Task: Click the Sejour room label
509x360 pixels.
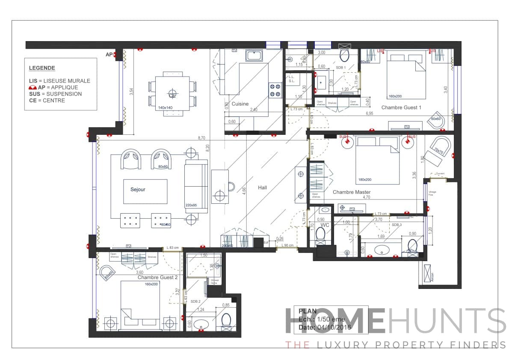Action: tap(138, 189)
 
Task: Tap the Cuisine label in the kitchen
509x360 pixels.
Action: tap(240, 104)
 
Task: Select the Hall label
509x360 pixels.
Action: tap(262, 187)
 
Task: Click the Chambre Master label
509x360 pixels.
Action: tap(352, 192)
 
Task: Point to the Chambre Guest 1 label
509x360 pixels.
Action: tap(401, 108)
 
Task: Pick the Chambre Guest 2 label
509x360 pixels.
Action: tap(157, 277)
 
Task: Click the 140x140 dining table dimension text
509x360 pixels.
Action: tap(165, 108)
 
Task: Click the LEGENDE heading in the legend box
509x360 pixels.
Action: tap(42, 68)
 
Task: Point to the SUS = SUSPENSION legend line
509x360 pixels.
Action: tap(55, 94)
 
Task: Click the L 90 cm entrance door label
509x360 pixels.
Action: tap(287, 246)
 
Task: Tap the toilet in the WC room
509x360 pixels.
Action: tap(321, 235)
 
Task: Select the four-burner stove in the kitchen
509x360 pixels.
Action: tap(275, 90)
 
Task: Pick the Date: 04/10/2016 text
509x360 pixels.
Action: tap(325, 327)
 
